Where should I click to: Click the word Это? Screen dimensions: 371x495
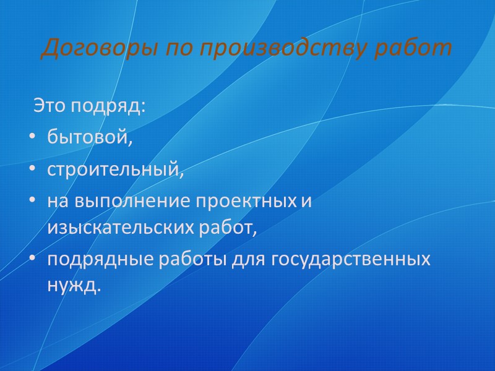48,106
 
